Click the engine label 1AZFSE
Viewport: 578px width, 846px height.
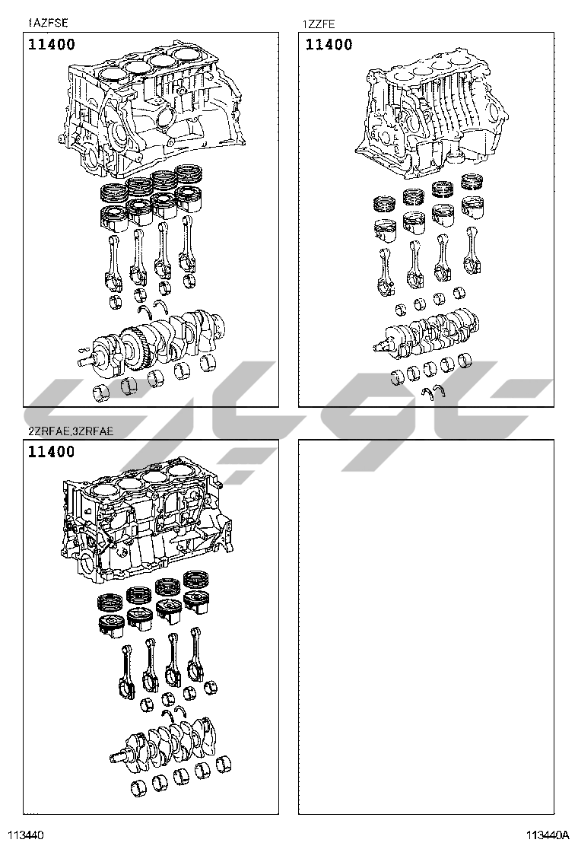pos(48,23)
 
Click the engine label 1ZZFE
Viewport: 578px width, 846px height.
pos(319,24)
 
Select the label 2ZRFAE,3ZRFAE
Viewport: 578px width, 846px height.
pos(71,431)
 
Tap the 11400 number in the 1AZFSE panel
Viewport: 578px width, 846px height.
pos(52,44)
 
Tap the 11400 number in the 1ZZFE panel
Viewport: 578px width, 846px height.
pos(329,44)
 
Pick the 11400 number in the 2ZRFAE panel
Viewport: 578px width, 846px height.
pos(52,452)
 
